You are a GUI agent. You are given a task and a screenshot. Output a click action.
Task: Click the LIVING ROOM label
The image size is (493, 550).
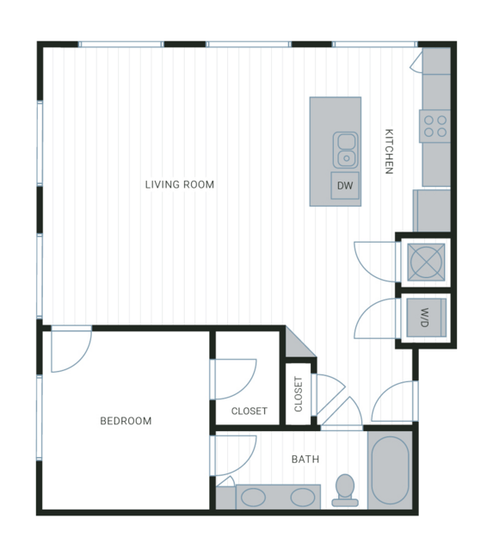(180, 184)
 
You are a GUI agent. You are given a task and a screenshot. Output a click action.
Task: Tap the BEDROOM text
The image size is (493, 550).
(126, 421)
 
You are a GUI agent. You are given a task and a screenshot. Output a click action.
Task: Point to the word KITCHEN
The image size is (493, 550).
(389, 151)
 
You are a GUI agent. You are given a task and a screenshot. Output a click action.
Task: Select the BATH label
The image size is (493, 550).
(305, 459)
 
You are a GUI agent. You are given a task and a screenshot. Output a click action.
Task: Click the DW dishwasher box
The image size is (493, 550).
(345, 186)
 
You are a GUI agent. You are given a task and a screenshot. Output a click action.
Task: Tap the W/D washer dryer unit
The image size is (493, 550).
(427, 318)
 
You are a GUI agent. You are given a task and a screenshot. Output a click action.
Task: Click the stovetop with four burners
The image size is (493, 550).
(434, 126)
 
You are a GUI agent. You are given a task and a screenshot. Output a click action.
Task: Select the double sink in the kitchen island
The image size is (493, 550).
(346, 150)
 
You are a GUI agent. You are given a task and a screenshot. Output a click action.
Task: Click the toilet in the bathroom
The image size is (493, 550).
(345, 491)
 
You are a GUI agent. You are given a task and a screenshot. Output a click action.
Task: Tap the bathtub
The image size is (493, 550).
(390, 470)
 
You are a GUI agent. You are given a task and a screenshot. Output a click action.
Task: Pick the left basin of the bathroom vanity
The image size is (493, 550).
(253, 497)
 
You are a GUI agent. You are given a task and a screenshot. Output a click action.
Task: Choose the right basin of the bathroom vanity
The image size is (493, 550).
(303, 497)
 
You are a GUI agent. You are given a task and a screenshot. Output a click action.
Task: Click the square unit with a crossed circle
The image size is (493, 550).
(427, 262)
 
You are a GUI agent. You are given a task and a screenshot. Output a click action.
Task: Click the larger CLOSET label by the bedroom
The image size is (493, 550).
(250, 411)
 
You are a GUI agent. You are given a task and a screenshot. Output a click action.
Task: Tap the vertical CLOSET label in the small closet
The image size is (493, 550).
(299, 394)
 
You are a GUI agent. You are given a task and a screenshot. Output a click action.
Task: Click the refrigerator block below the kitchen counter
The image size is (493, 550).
(432, 211)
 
